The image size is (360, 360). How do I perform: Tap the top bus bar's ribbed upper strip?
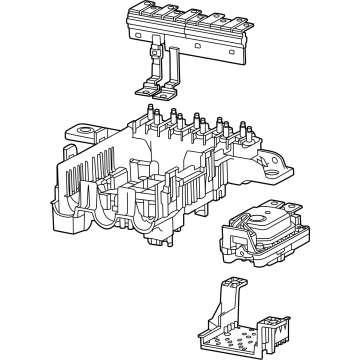(x=186, y=12)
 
